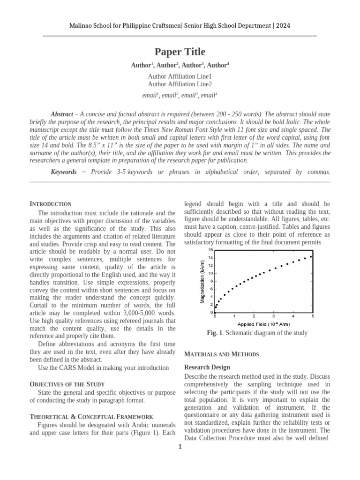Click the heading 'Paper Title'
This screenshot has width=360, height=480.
pos(180,52)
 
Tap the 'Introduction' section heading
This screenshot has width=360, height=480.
pos(51,204)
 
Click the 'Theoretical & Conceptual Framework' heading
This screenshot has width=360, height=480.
pos(91,416)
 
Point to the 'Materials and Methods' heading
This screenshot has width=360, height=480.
pos(222,354)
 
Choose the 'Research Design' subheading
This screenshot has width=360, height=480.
pos(207,367)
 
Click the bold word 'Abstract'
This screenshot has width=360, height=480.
pos(61,114)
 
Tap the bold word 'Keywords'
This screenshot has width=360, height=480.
pos(64,172)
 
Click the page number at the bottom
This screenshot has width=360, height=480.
pos(180,447)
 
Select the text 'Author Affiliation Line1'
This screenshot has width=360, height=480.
pos(180,76)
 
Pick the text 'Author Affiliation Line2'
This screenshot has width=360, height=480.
pos(180,84)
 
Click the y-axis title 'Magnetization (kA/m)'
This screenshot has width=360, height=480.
pos(202,282)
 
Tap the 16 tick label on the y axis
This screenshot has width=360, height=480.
pos(210,250)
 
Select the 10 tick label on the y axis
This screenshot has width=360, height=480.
pos(210,273)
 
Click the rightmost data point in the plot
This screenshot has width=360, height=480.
pos(311,256)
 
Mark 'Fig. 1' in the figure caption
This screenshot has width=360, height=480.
pos(214,333)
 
